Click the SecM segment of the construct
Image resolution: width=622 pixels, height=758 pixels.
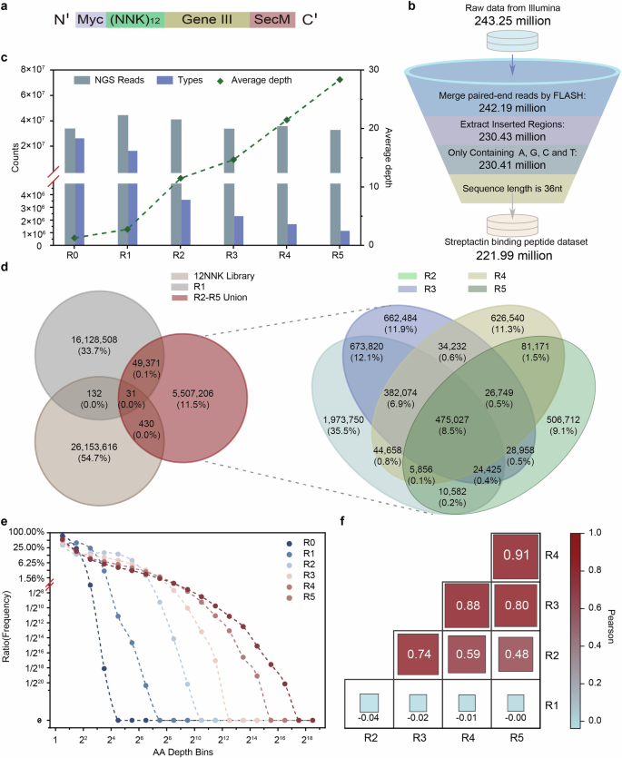point(270,18)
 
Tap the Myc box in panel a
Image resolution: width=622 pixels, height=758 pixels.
point(92,18)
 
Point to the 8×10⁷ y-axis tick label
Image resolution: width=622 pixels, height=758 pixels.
point(35,70)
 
